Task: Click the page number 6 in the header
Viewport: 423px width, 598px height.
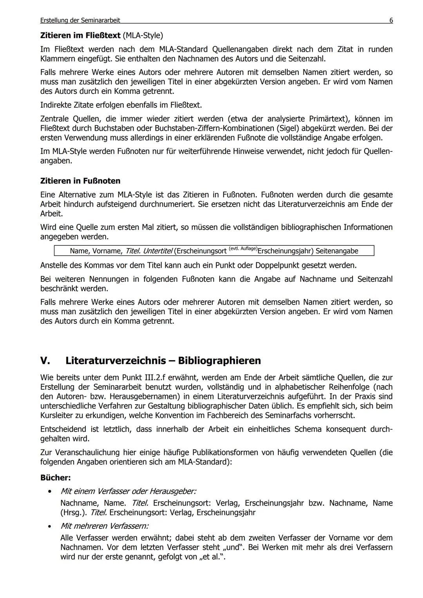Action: coord(391,20)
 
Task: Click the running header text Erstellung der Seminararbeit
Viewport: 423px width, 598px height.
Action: coord(80,20)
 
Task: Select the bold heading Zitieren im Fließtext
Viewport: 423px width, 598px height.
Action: coord(80,36)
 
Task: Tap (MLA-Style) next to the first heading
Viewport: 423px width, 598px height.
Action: coord(143,36)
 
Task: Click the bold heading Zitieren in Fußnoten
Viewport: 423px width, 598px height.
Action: coord(80,181)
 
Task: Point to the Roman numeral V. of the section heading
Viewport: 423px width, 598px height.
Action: coord(46,360)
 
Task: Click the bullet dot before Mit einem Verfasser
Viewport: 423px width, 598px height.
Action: coord(49,491)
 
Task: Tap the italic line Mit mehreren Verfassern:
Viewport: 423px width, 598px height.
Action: coord(104,526)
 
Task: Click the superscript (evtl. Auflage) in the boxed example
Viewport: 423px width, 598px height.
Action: coord(243,249)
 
